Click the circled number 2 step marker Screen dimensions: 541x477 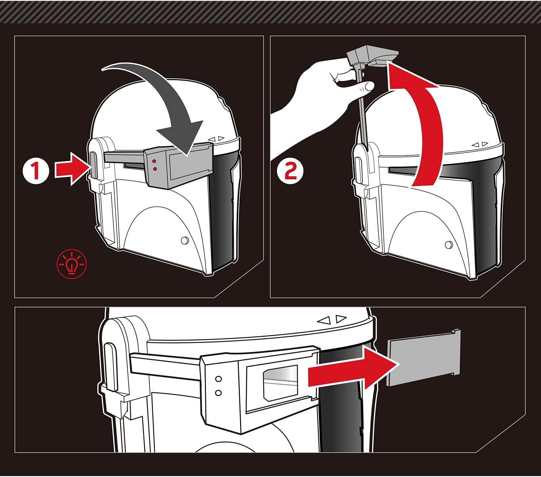(x=290, y=171)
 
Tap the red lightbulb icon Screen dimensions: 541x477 (x=72, y=264)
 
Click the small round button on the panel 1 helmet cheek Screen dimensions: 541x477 (x=185, y=240)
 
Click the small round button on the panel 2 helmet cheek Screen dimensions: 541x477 (x=449, y=244)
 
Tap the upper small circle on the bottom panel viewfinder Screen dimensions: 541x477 (x=219, y=379)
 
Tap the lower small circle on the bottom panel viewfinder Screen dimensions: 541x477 (x=219, y=393)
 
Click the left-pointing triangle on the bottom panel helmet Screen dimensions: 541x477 (x=324, y=320)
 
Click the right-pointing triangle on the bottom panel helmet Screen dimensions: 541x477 (x=341, y=318)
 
